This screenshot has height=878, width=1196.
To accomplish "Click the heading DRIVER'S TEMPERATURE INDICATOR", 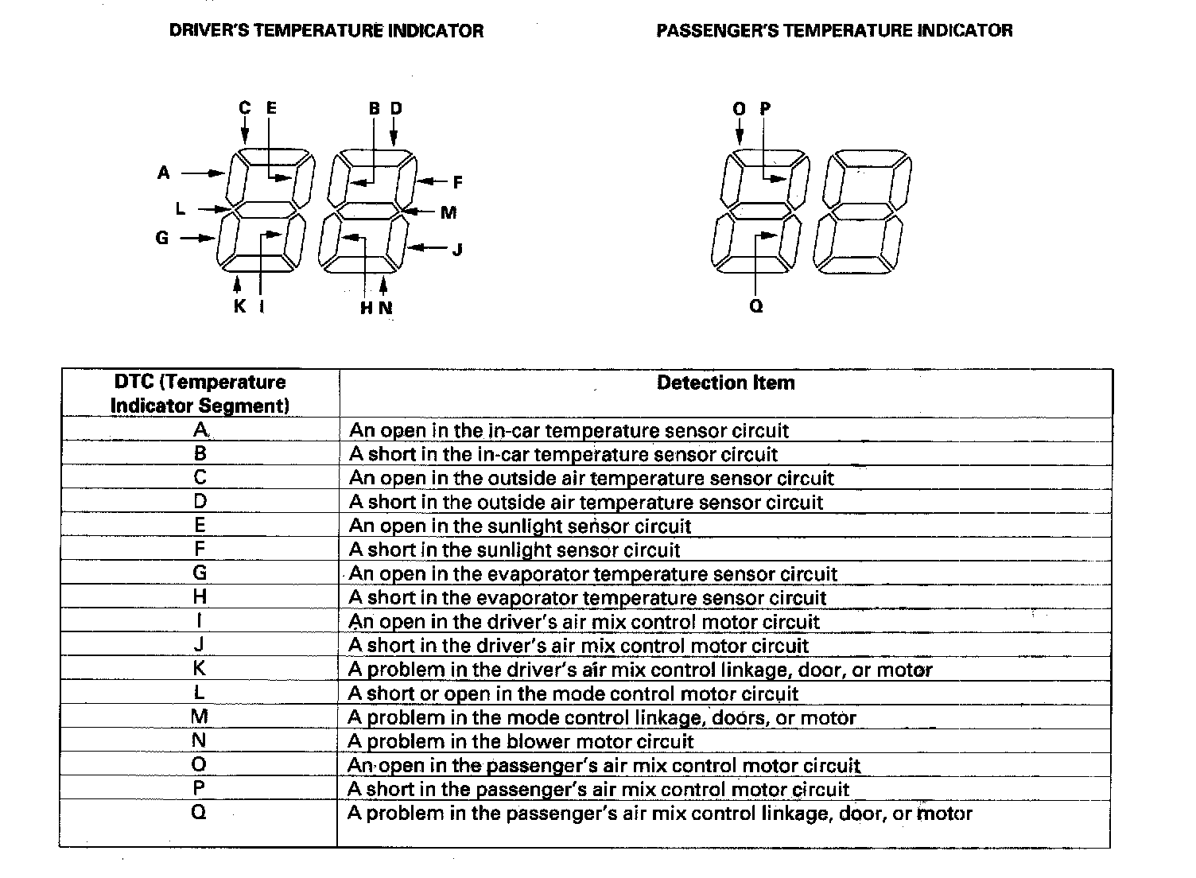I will point(326,31).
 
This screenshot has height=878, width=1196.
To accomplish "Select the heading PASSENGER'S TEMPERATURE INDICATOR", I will point(834,31).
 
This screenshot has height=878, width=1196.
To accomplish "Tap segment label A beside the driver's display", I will point(164,173).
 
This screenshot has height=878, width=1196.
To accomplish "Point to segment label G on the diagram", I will point(162,237).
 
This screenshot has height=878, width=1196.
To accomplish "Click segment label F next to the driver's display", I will point(457,183).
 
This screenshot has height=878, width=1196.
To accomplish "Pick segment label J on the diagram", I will point(457,250).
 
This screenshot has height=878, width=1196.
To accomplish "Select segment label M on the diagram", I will point(448,212).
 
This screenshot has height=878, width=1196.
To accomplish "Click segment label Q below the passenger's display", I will point(756,306).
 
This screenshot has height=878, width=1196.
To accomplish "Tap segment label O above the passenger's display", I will point(740,108).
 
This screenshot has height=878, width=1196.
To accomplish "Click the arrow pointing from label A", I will point(204,173).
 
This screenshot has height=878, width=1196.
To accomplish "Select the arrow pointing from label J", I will point(429,249).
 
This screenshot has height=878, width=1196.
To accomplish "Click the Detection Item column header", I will point(725,383).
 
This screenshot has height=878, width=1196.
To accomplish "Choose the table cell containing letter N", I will point(200,741).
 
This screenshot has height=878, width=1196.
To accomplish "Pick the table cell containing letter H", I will point(200,597).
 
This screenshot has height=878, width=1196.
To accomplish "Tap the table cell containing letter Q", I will point(200,813).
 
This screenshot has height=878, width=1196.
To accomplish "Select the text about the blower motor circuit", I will point(521,742).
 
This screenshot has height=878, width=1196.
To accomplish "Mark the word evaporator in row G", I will point(530,574).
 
